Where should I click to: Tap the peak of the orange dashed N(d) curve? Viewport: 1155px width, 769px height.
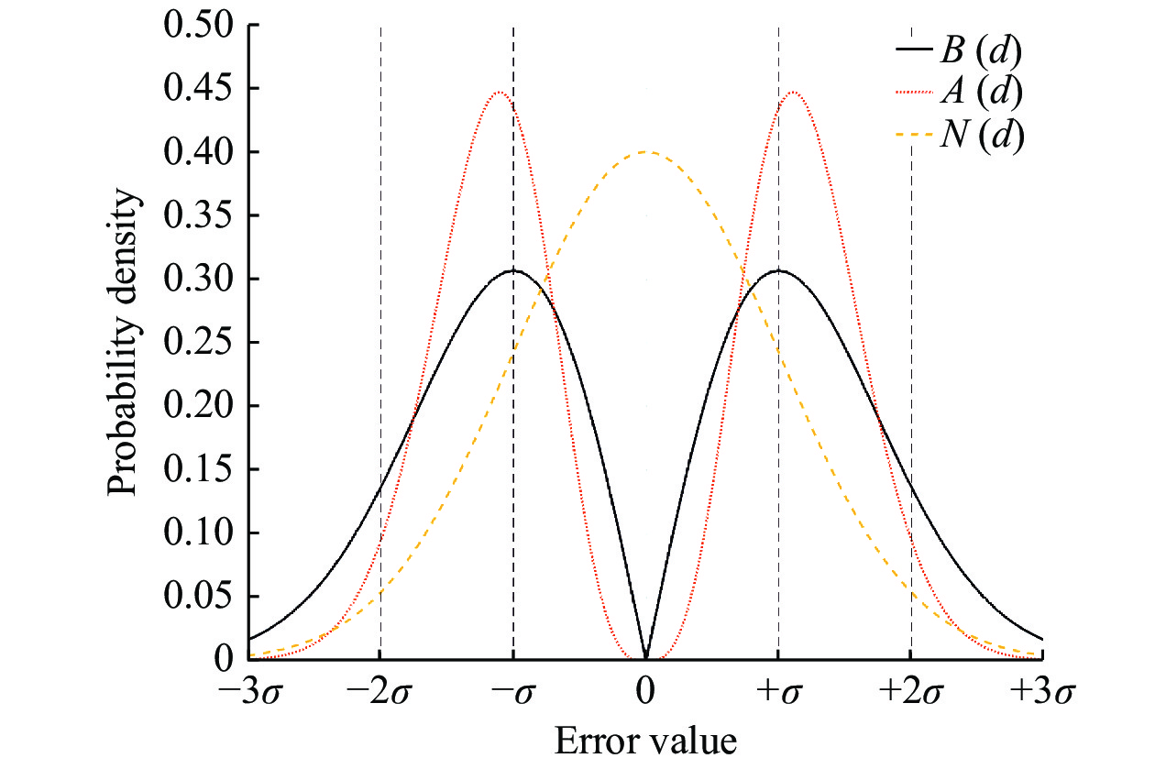click(x=646, y=152)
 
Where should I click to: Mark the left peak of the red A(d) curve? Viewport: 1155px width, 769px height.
click(x=499, y=92)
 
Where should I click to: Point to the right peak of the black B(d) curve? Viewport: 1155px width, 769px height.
click(x=778, y=270)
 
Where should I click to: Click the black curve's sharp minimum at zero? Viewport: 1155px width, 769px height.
click(x=646, y=657)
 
